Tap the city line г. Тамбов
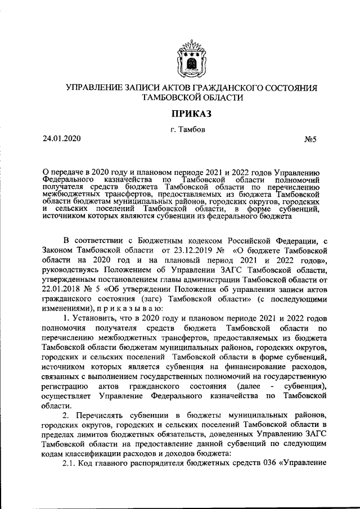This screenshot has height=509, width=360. click(x=192, y=129)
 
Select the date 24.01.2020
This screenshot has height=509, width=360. click(x=62, y=138)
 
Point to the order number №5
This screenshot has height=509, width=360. click(x=312, y=139)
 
